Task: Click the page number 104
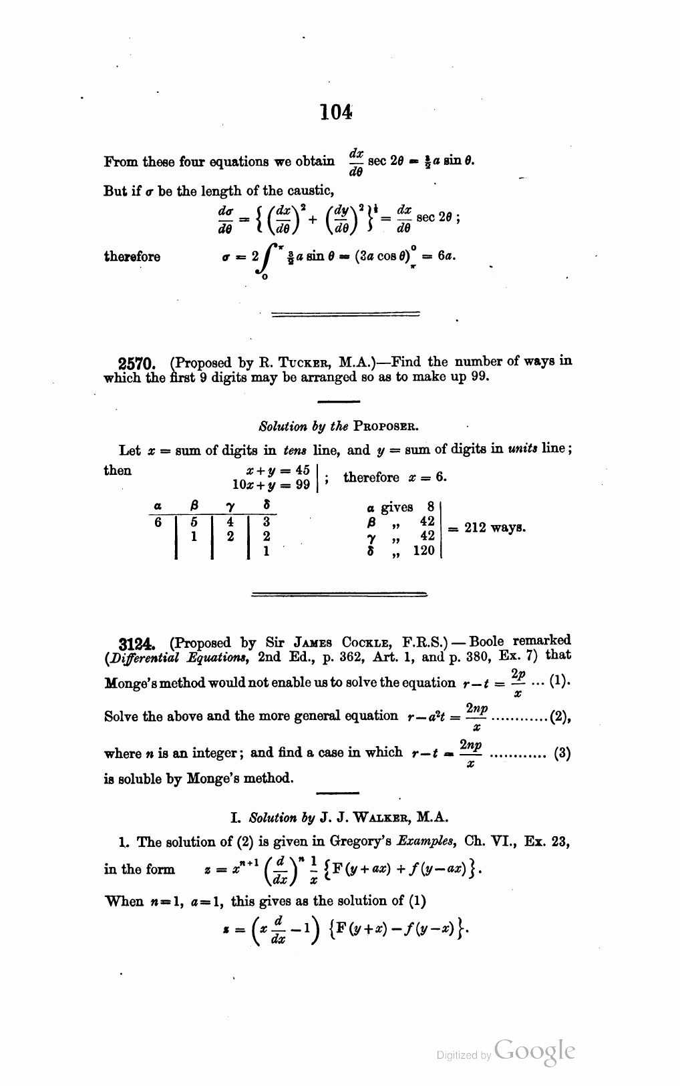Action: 335,113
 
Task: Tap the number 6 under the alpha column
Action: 158,522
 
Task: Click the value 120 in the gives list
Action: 423,550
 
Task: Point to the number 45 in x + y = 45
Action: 302,470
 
